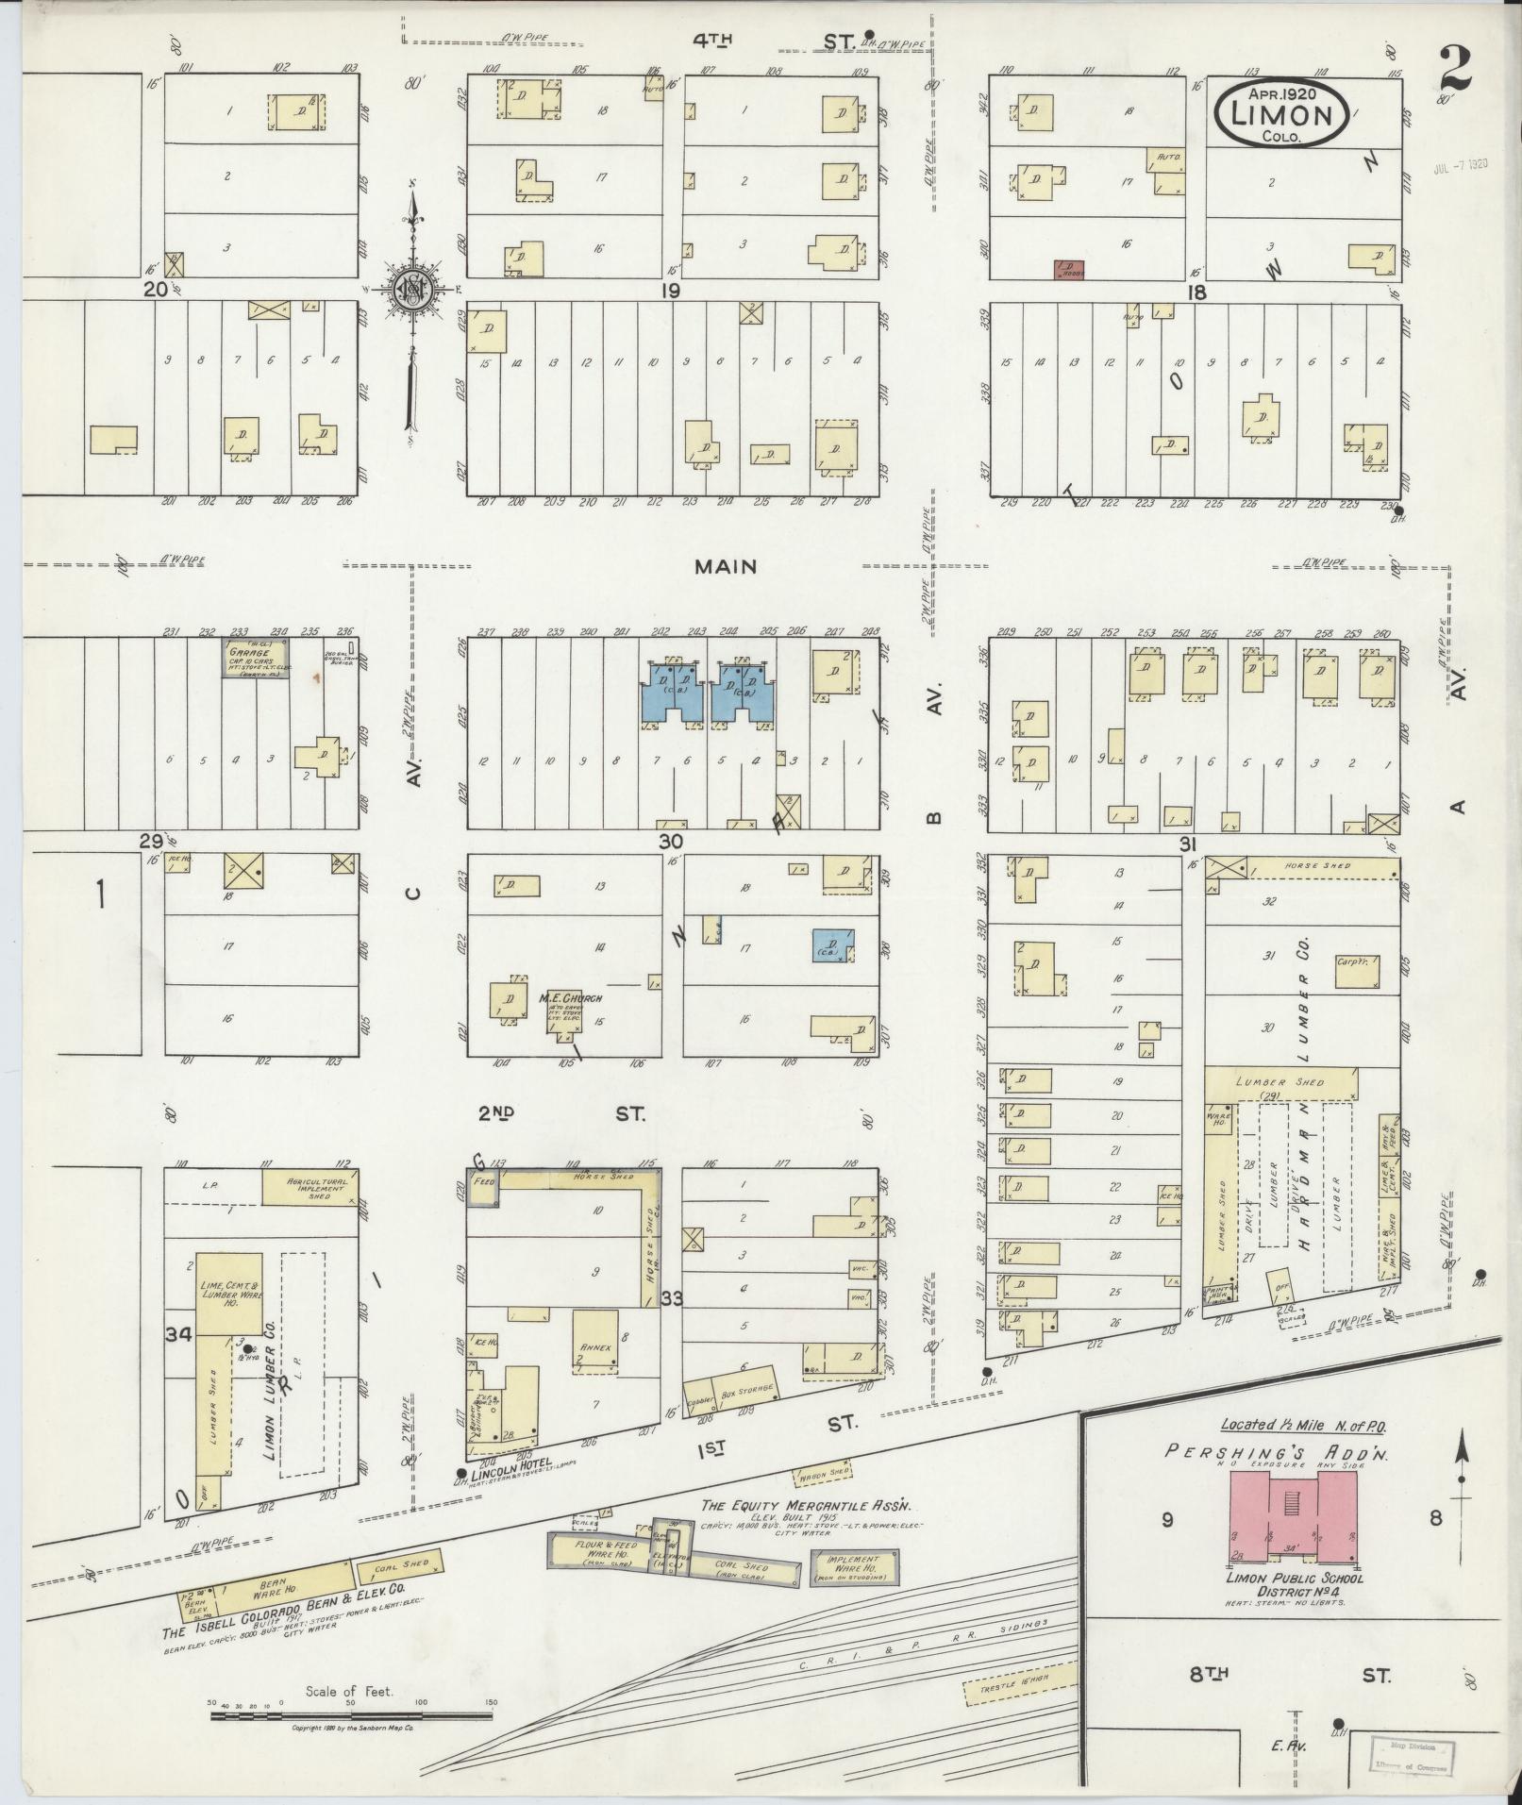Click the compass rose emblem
click(x=412, y=290)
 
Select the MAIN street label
click(x=726, y=567)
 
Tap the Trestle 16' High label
click(x=1019, y=1687)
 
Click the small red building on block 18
click(x=1068, y=269)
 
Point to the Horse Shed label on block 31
click(x=1317, y=865)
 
